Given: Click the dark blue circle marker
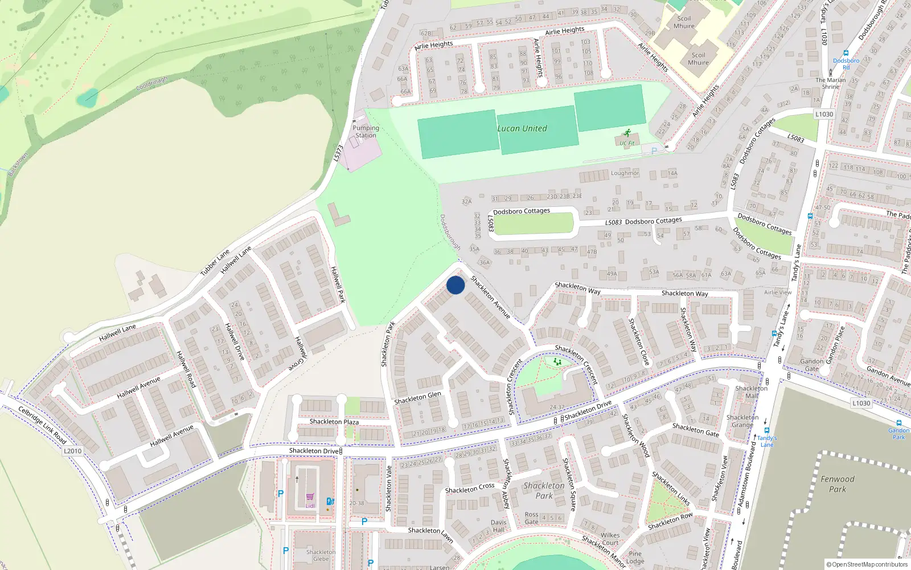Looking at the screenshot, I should point(455,285).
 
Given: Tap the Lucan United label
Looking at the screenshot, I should point(522,128).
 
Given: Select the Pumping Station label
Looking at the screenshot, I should point(366,132).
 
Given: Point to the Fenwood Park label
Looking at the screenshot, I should point(838,484).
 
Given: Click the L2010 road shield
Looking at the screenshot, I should point(72,451).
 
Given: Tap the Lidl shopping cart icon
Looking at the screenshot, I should point(310,497).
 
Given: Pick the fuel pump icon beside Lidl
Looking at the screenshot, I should point(329,501).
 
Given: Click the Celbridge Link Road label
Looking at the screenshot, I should point(42,425).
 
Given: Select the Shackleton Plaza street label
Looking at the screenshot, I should point(334,422).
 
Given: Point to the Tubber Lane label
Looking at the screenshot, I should point(215,262).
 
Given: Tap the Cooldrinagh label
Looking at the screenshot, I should point(152,84).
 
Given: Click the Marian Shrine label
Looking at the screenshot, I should point(831,83).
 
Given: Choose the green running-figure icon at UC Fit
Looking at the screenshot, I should point(627,133).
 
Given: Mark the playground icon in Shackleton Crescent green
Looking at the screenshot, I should point(557,361).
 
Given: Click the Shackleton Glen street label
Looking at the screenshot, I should point(418,398).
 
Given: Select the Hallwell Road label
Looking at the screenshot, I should point(186,369).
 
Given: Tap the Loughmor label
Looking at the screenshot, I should point(625,173).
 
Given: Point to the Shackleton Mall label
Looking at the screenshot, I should point(752,392).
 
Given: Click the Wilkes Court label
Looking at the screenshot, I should point(610,539).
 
